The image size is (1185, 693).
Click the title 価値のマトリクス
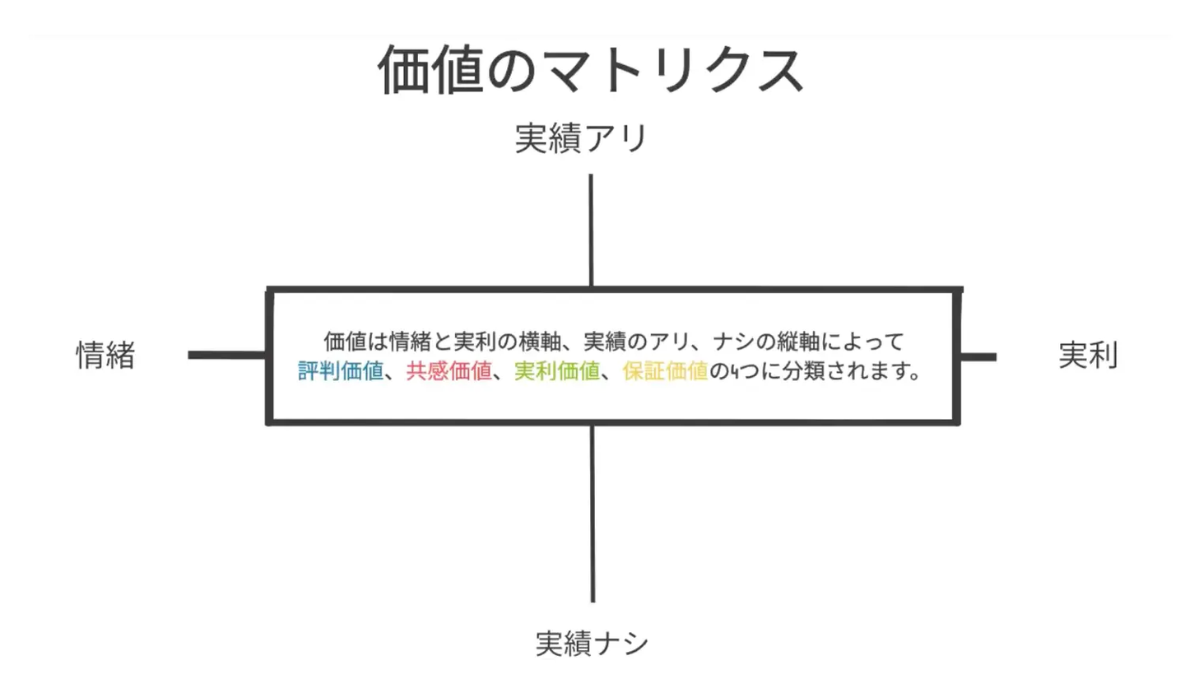tap(590, 70)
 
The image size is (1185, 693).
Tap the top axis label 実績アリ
tap(581, 138)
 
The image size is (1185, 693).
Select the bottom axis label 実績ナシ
tap(592, 643)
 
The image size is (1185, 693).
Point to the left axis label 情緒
tap(105, 355)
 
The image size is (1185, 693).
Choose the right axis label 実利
tap(1087, 355)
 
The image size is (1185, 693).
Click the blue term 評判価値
tap(341, 371)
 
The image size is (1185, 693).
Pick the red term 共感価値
tap(448, 371)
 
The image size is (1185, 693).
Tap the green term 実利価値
tap(557, 371)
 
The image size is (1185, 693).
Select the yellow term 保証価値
tap(665, 371)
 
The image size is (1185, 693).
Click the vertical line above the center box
tap(591, 230)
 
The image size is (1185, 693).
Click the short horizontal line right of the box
tap(978, 356)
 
